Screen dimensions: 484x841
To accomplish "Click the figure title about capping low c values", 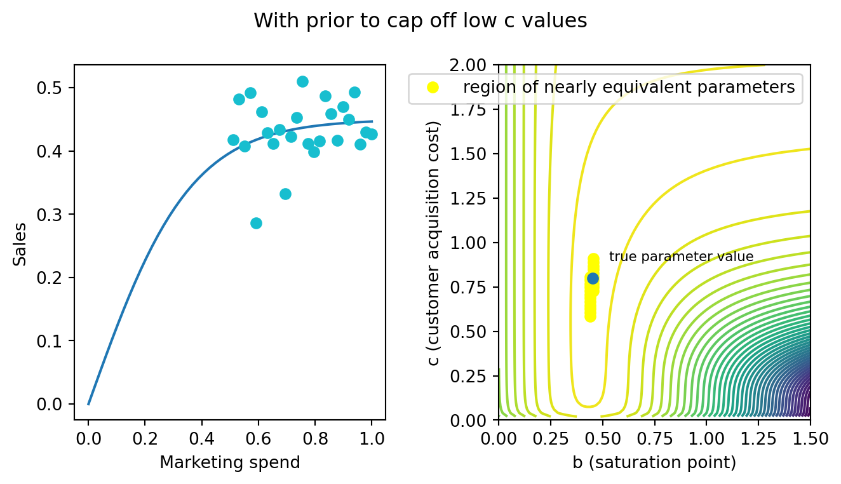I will pos(420,21).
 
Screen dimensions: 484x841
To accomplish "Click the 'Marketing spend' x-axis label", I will pos(229,462).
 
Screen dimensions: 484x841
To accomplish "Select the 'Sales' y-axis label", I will pos(21,243).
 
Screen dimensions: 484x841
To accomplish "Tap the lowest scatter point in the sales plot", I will pos(256,223).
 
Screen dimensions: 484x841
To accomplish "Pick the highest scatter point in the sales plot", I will pos(302,81).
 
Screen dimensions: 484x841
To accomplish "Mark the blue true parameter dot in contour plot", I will pos(593,278).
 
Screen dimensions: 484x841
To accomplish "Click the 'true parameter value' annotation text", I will pos(681,257).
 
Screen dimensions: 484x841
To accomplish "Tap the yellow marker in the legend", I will pos(433,88).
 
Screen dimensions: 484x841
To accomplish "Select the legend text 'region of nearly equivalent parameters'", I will pos(629,88).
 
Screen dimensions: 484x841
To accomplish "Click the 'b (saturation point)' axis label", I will pos(654,462).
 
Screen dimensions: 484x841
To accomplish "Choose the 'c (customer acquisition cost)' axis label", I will pos(434,243).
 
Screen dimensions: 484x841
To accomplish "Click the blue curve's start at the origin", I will pos(89,404).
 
